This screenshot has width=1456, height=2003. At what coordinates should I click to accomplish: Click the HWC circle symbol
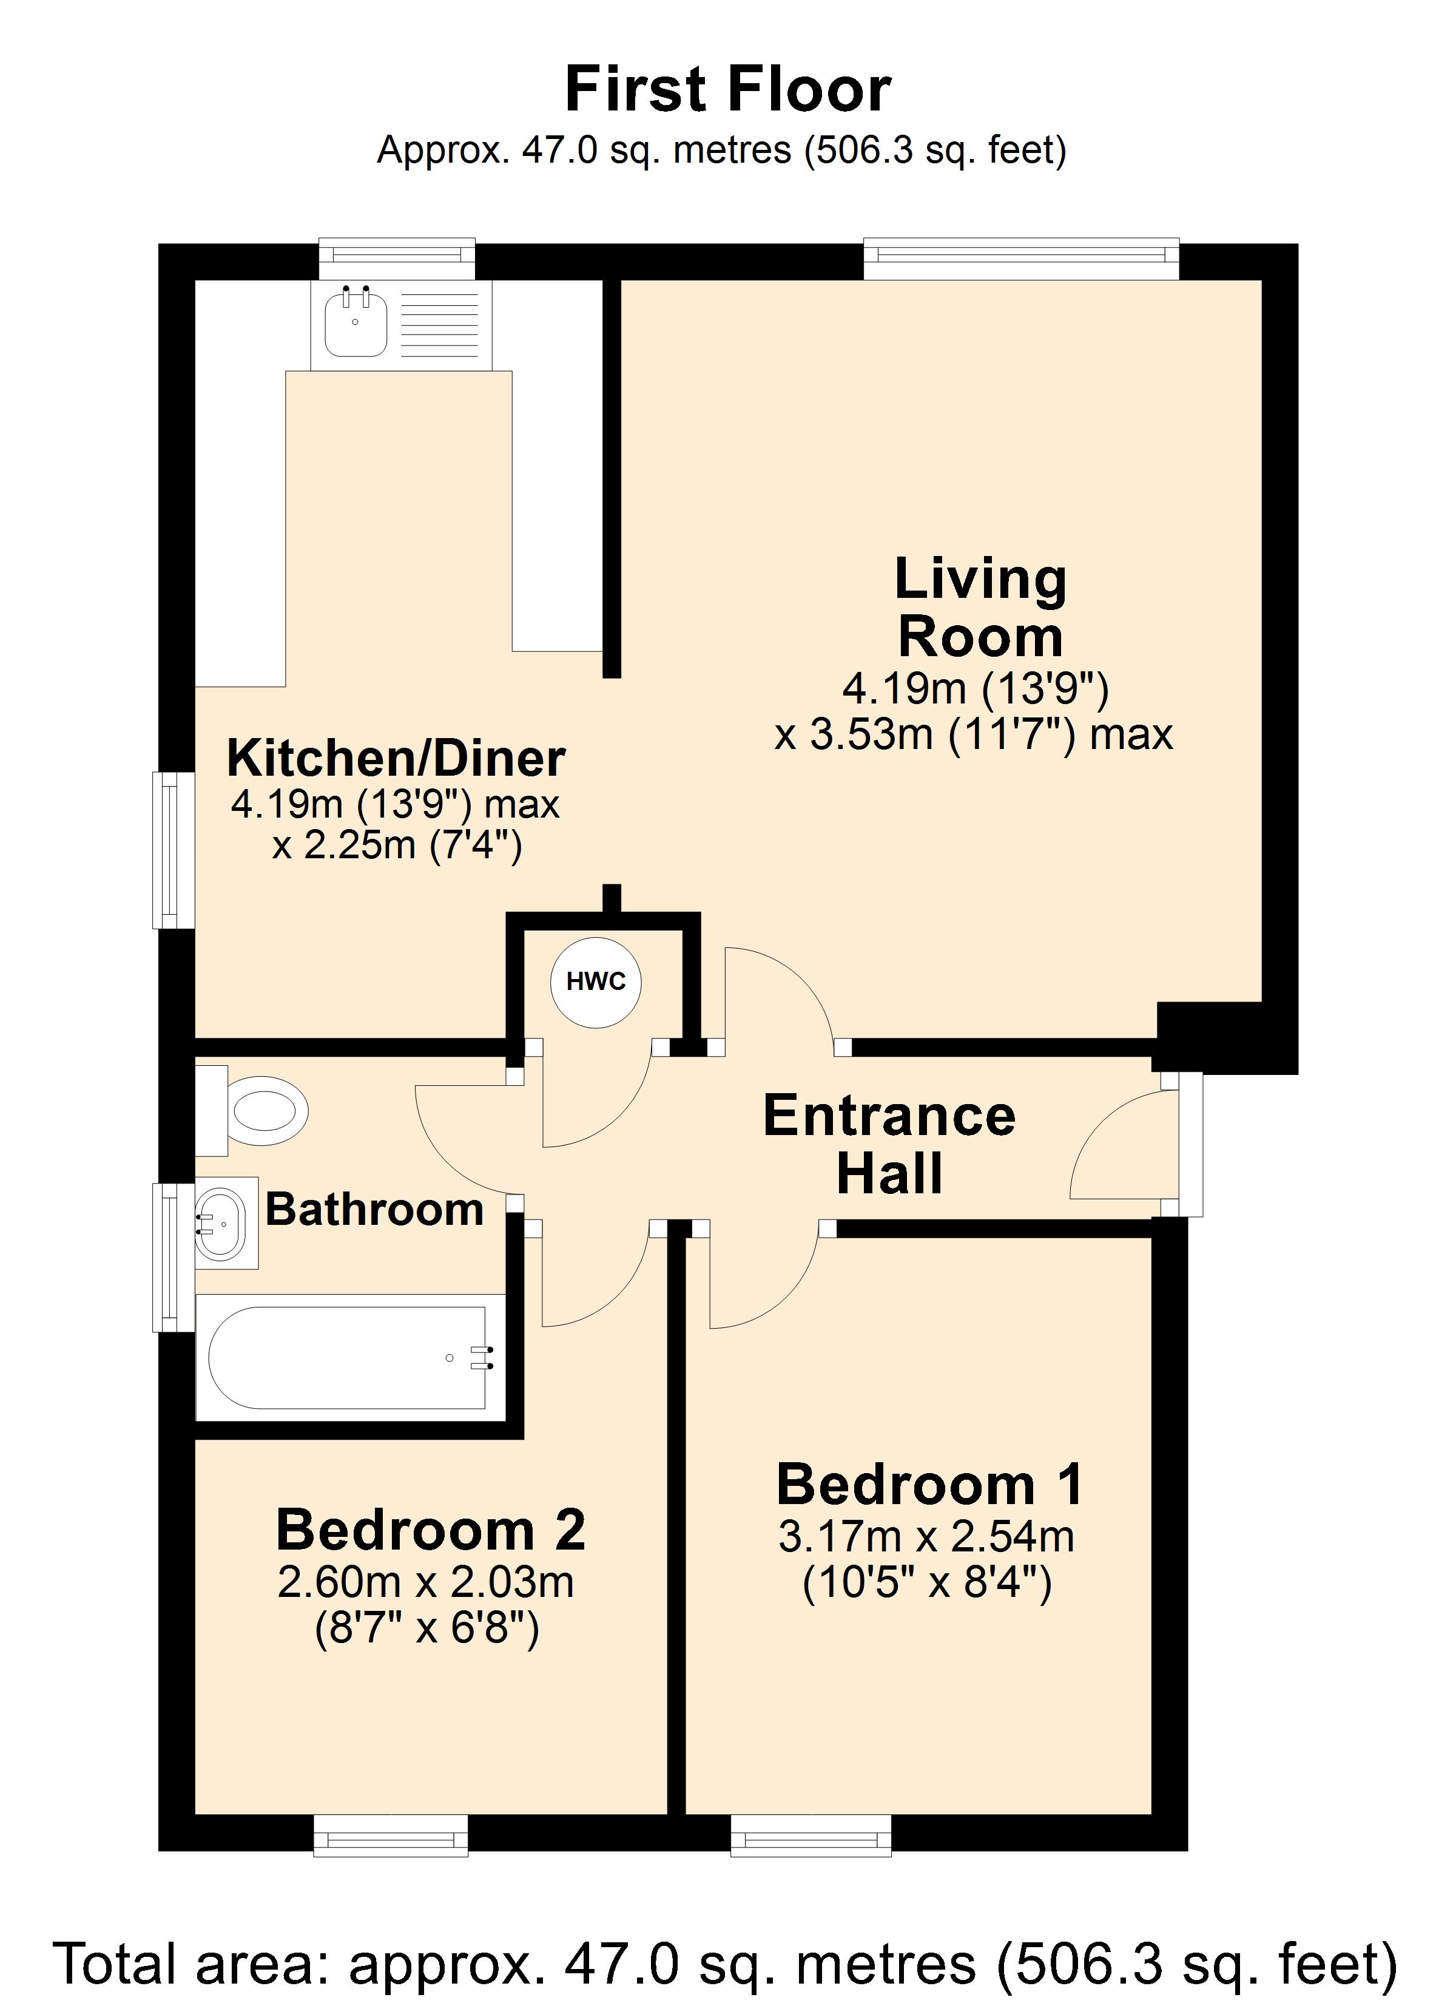[x=595, y=982]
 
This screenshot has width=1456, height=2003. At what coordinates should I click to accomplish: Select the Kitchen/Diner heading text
[x=396, y=757]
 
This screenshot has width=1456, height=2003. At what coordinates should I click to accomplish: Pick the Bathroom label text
[x=374, y=1209]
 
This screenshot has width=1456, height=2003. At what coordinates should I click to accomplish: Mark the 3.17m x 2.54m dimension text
[x=926, y=1537]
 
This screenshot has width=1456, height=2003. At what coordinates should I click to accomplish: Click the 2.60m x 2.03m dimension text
[x=426, y=1582]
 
